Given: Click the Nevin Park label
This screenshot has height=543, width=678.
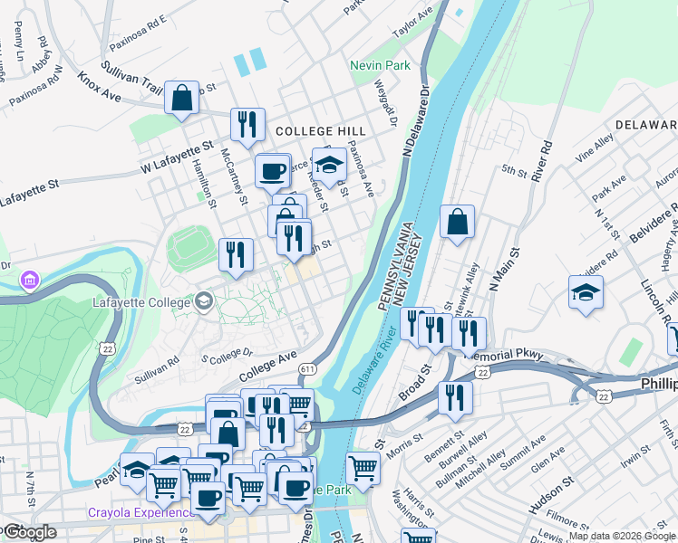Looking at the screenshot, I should click(381, 65).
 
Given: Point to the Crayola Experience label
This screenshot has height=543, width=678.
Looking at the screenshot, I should click(135, 512).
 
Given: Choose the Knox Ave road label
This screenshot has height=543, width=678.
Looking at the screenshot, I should click(99, 87).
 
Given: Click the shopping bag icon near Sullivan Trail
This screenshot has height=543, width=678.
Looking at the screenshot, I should click(181, 98).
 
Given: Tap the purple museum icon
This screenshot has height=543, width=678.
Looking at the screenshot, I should click(31, 279).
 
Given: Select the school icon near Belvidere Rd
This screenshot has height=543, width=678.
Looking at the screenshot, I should click(586, 293).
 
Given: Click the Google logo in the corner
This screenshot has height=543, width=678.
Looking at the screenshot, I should click(30, 531).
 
